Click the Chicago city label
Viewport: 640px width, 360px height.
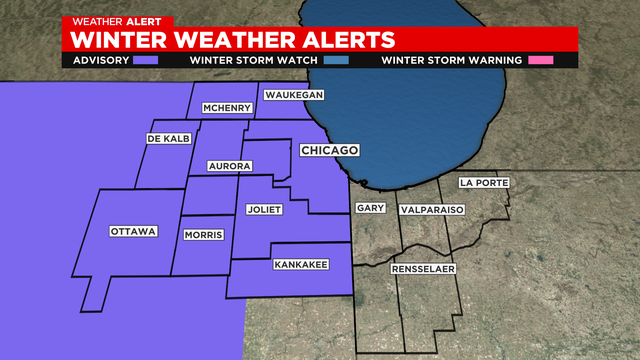point(329,150)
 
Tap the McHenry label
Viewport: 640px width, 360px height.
point(225,108)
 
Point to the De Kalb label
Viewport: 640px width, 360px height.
point(167,138)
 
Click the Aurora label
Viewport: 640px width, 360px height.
point(229,165)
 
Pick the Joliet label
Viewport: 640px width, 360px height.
point(265,209)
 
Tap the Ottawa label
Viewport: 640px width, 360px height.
point(133,232)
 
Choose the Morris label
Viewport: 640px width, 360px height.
point(204,235)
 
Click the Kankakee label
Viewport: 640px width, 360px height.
point(297,265)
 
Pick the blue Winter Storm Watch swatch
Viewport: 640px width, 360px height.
point(337,60)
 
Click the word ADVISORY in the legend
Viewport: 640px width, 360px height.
point(101,60)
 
